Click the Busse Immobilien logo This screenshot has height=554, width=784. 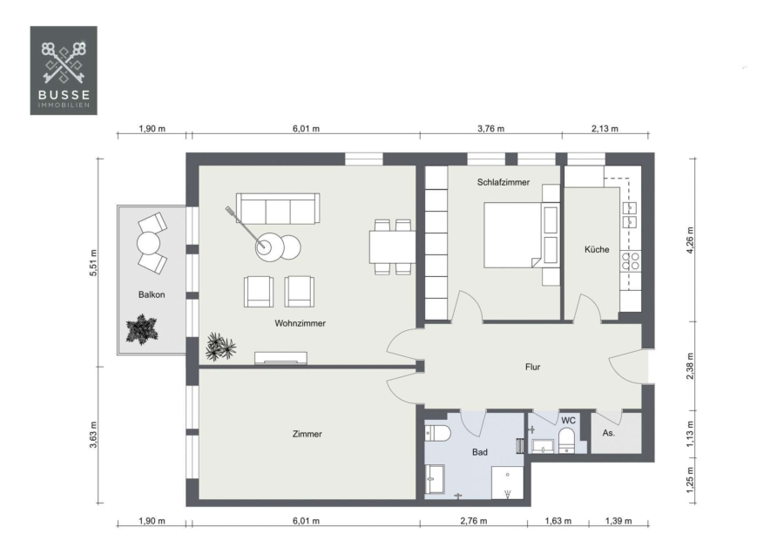click(64, 71)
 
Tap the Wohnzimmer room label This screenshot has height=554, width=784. click(300, 323)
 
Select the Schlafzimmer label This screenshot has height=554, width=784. click(503, 183)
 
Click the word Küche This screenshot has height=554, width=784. click(597, 249)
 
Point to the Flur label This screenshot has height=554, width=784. click(532, 367)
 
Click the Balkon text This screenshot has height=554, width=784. click(152, 295)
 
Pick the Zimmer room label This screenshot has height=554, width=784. click(307, 434)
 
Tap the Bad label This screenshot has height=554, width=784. click(479, 452)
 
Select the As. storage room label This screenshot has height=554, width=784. click(608, 433)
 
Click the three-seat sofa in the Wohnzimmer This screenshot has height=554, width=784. click(278, 209)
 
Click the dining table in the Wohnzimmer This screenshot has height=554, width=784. click(392, 247)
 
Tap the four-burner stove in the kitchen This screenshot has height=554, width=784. click(631, 261)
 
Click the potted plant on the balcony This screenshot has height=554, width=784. click(142, 329)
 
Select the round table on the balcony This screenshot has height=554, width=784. click(148, 244)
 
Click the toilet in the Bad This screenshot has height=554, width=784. click(437, 433)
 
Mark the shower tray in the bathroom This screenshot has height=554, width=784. click(507, 483)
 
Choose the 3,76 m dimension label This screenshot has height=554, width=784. click(490, 129)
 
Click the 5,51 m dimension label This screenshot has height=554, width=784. click(93, 263)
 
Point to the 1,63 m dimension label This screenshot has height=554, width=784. click(558, 521)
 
